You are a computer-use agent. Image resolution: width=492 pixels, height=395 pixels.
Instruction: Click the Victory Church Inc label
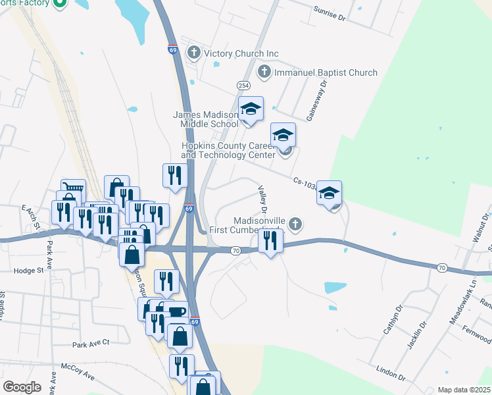coord(241,53)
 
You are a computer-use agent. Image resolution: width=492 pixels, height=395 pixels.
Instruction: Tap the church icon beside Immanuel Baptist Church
coord(264,72)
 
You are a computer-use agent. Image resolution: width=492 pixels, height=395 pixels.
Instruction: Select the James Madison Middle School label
coord(206,118)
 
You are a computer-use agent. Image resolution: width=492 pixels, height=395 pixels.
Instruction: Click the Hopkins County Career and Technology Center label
coord(228,150)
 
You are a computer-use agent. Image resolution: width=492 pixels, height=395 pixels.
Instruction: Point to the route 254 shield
coord(243,86)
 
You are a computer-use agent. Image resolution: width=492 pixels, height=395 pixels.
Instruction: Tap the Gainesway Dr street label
coord(315,101)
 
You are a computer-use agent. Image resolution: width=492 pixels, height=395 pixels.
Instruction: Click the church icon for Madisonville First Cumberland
coord(295,224)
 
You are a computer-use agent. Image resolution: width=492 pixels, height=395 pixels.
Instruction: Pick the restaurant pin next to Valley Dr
coord(270,241)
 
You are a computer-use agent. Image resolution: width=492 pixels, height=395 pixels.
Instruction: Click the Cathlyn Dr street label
coord(392,319)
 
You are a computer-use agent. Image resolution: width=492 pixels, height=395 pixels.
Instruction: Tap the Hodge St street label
coord(28,270)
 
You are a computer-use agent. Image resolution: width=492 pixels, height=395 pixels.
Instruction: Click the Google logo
coord(22,386)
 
